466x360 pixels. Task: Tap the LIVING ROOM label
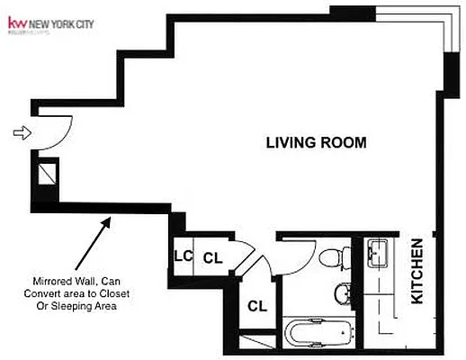tap(316, 142)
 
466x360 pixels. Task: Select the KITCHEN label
tap(418, 271)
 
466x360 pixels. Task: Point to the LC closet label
tap(183, 256)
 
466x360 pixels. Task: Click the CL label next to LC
tap(212, 257)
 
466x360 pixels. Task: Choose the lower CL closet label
tap(257, 306)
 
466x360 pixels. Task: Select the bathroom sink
tap(343, 293)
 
